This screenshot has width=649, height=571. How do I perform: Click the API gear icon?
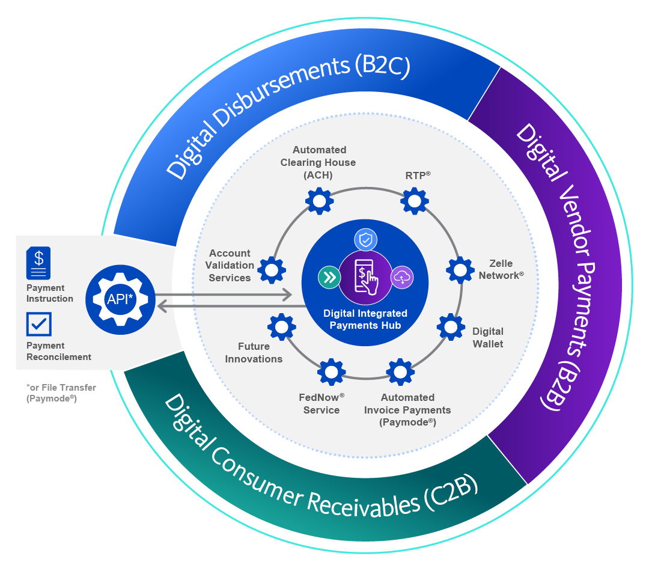(120, 299)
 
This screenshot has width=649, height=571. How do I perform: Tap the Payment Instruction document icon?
(38, 263)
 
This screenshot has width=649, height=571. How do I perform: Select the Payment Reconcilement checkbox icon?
(39, 325)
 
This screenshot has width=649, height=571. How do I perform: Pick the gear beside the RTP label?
(415, 201)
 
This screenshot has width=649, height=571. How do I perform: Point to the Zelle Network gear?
(460, 270)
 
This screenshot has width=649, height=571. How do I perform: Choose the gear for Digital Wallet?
(451, 326)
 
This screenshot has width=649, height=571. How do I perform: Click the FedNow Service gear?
(331, 372)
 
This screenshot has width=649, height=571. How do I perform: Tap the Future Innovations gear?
(281, 327)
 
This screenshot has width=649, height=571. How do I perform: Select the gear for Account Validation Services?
(272, 270)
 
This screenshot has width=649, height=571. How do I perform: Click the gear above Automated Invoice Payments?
(400, 372)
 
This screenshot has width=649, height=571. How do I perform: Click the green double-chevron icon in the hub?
(329, 277)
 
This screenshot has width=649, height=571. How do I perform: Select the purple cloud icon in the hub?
(401, 277)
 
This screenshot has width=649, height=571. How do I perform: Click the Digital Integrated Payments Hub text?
(365, 319)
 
